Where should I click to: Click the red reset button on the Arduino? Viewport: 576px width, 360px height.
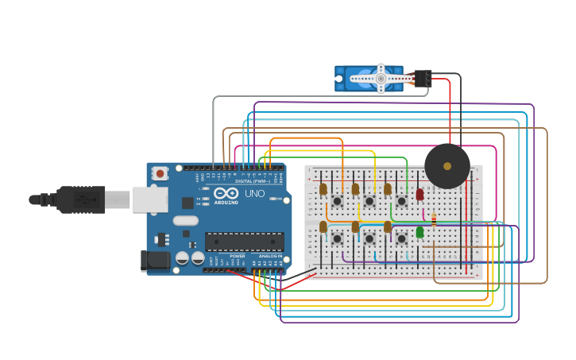pos(160,172)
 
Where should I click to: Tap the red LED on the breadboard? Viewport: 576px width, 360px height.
pos(419,194)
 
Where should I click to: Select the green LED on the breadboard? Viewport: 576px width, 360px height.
pos(419,232)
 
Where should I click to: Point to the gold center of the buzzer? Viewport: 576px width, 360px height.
pos(447,166)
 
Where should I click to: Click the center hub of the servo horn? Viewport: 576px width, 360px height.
pos(381,79)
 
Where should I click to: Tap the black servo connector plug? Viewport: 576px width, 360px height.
pos(423,78)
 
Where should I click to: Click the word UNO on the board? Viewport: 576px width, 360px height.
pos(254,194)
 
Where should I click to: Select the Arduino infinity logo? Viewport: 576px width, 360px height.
pos(226,194)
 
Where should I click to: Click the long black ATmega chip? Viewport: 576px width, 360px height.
pos(244,242)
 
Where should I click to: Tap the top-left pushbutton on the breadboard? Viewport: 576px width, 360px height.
pos(337,201)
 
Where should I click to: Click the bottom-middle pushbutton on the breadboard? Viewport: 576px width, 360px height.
pos(369,238)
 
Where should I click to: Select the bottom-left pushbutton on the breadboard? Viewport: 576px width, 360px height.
pos(337,238)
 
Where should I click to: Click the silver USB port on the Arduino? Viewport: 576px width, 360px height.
pos(150,199)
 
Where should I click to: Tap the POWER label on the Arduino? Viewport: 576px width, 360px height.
pos(237,257)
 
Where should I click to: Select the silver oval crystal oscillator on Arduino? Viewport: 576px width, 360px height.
pos(185,221)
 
